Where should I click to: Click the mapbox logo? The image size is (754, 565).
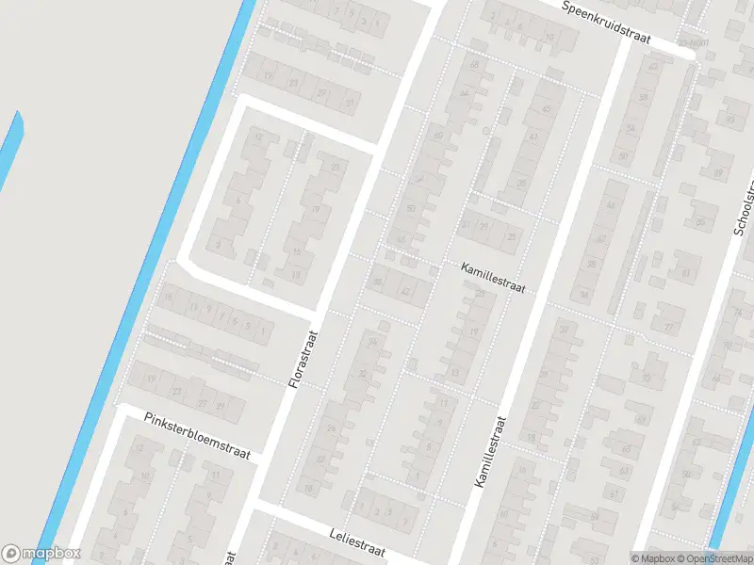41,554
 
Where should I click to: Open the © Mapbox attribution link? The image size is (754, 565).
651,558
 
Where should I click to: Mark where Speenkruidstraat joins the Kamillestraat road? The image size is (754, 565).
625,40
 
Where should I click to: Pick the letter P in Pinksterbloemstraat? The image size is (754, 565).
149,416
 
